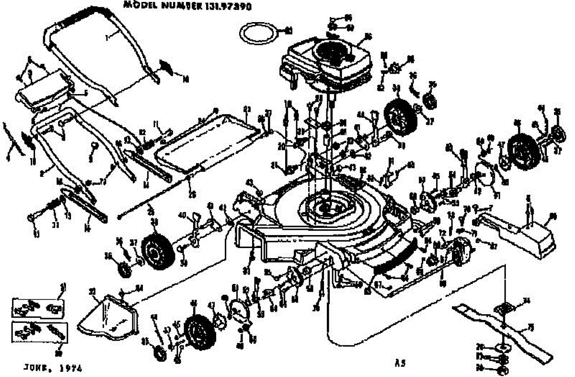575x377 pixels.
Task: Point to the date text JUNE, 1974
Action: pyautogui.click(x=53, y=368)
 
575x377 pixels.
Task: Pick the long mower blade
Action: pyautogui.click(x=503, y=329)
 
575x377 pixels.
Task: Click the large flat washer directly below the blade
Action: pyautogui.click(x=503, y=347)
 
